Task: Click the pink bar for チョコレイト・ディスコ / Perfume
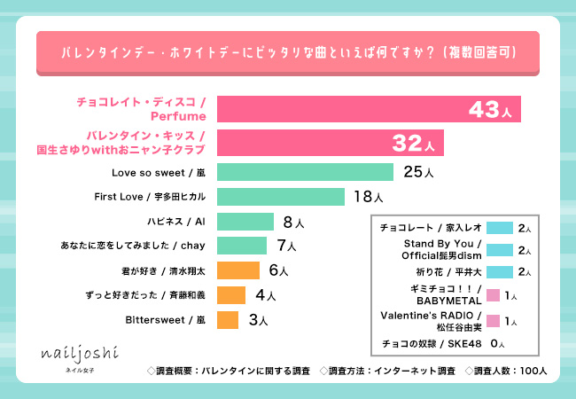[x=368, y=109]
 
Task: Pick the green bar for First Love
[x=280, y=197]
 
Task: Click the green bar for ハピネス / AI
[x=245, y=221]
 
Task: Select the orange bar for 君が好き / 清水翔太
[x=237, y=270]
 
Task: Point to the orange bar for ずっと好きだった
[x=230, y=294]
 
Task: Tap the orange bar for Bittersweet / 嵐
[x=227, y=318]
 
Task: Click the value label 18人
[x=368, y=197]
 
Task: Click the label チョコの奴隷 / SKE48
[x=429, y=342]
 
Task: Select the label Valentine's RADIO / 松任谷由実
[x=429, y=318]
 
